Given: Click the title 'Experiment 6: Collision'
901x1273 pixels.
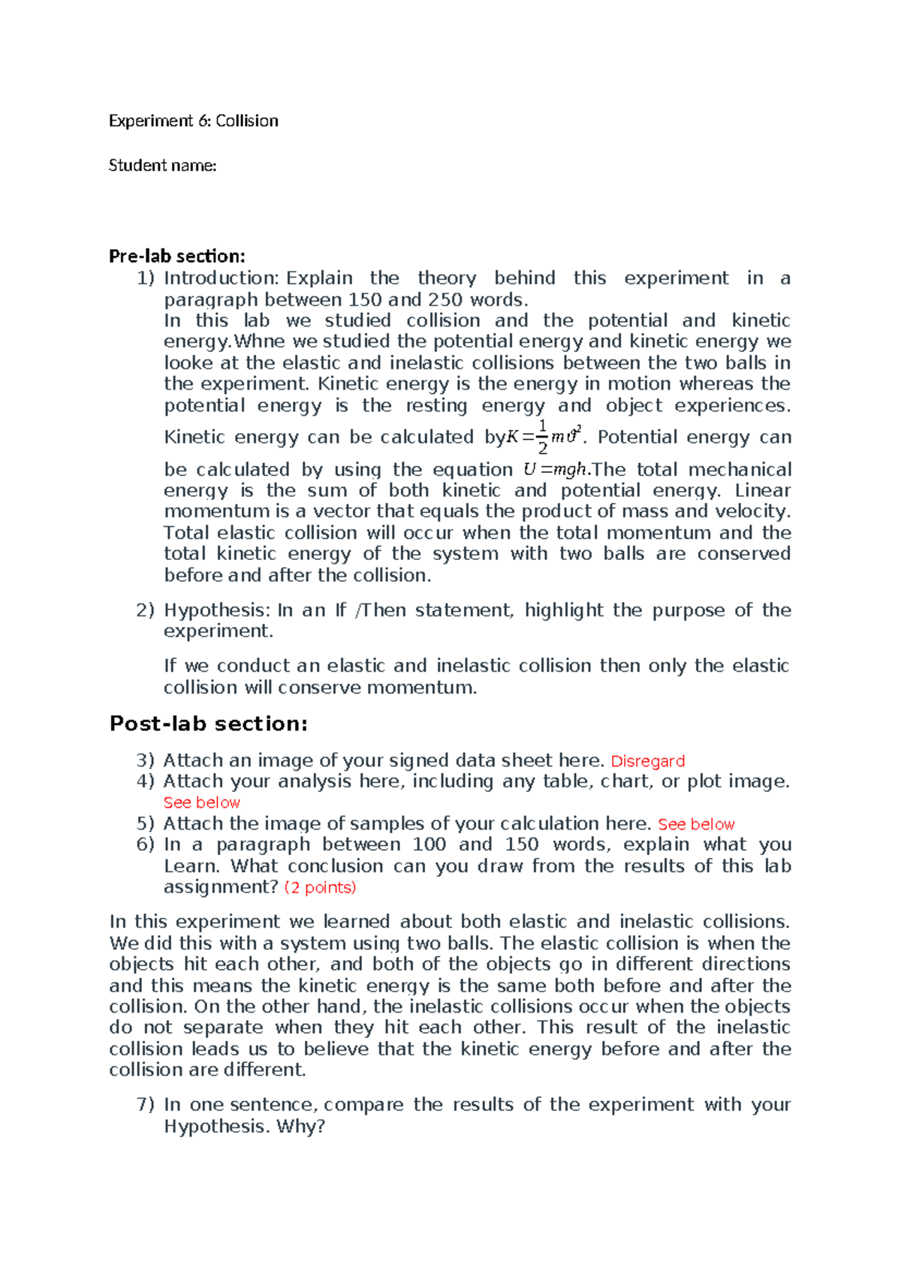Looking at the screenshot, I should pos(193,121).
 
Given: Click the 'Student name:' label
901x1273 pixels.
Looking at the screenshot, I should pos(162,165).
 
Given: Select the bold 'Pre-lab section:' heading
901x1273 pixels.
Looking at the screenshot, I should pos(177,256).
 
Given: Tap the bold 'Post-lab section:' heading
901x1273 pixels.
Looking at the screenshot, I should pos(209,724).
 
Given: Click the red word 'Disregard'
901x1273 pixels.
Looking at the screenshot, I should pos(647,761).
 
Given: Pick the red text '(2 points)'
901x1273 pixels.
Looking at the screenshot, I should pos(320,887).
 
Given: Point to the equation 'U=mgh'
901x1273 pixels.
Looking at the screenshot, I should pos(555,470).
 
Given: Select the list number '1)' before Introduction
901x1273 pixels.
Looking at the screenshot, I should pos(145,278).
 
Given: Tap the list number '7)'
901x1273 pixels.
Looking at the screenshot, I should pos(145,1105).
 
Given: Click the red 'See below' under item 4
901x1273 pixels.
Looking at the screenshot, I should pos(201,802).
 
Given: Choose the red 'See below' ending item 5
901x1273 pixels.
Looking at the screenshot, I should pos(696,824).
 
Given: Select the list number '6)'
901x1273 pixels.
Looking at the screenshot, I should pos(145,844).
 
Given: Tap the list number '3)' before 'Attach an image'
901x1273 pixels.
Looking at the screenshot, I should pos(145,760).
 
